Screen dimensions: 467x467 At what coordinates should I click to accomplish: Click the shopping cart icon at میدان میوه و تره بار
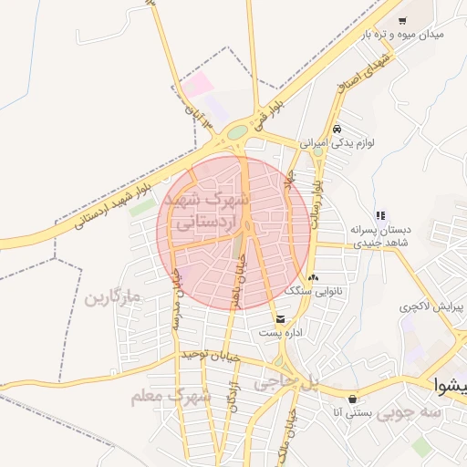coord(402,19)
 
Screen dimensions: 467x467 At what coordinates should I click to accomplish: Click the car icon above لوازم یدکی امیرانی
coord(337,130)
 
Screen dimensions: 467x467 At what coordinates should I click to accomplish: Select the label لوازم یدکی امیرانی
coord(340,143)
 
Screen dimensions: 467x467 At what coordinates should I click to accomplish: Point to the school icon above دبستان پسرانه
coord(380,216)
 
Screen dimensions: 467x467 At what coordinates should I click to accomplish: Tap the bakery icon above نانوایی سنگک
coord(314,276)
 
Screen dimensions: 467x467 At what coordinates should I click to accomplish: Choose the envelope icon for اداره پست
coord(279,318)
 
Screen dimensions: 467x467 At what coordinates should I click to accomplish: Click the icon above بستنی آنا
coord(352,399)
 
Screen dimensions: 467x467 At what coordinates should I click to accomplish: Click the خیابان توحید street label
coord(209,354)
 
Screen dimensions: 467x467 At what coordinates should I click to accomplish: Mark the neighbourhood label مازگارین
coord(115,298)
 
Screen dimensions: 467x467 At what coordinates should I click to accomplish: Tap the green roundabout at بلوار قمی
coord(237,133)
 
